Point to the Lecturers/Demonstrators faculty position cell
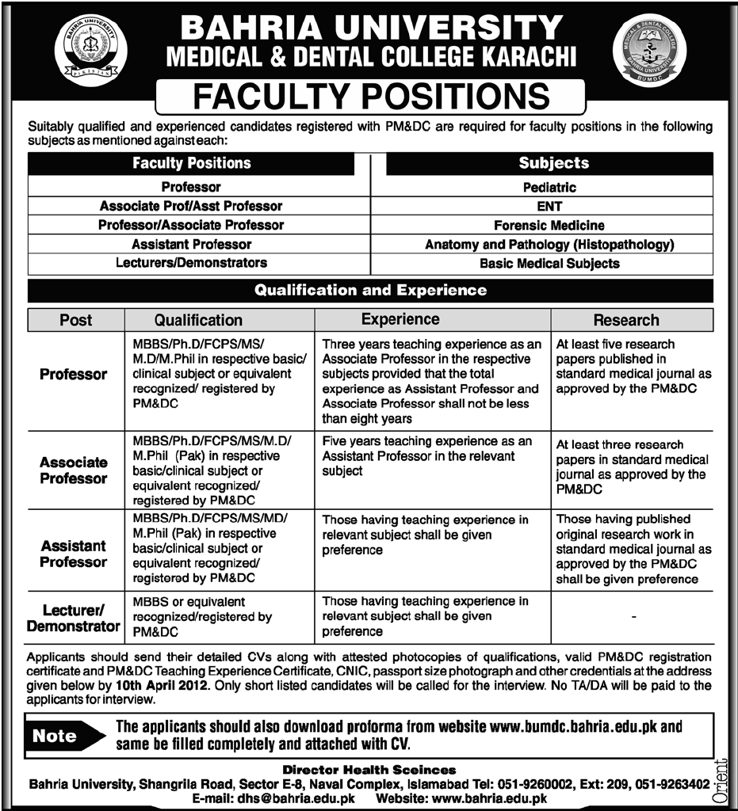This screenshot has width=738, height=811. [x=191, y=262]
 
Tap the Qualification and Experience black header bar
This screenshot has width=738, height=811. [x=370, y=291]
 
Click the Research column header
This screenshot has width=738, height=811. [x=626, y=320]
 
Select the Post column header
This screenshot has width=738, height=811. [x=76, y=320]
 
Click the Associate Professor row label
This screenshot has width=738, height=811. [x=74, y=470]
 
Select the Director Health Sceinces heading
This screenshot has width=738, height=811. [x=369, y=770]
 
